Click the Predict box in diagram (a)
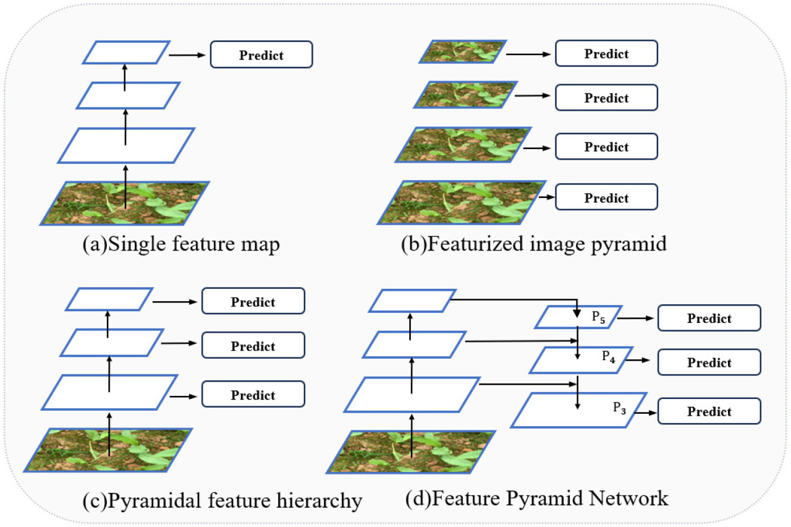pos(261,55)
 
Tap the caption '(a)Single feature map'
pos(181,244)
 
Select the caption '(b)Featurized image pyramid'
pos(534,244)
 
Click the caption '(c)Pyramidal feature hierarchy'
pos(222,500)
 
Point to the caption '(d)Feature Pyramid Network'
pos(536,499)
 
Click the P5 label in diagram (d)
pos(598,317)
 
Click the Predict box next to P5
pos(709,319)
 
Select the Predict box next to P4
pos(709,362)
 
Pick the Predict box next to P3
pos(709,411)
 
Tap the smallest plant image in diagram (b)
pos(463,51)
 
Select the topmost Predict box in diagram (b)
pos(606,54)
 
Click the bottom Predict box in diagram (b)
pos(606,198)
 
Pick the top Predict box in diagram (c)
pos(253,302)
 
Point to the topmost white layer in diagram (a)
pos(126,53)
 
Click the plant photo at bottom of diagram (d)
pos(411,452)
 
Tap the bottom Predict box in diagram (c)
pos(253,395)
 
